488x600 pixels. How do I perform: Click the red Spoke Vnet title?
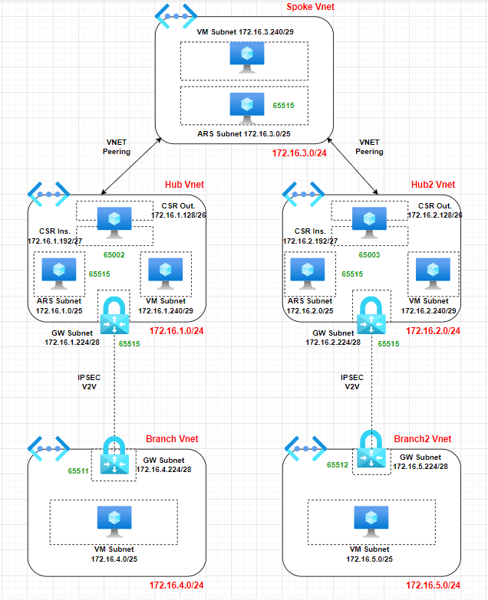(310, 7)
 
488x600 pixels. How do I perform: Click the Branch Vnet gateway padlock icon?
(114, 455)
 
